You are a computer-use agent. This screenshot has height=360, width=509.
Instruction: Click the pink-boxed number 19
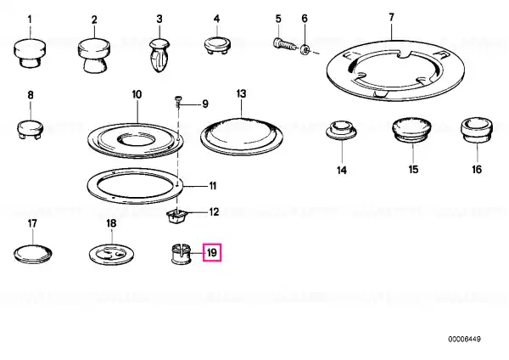pyautogui.click(x=211, y=252)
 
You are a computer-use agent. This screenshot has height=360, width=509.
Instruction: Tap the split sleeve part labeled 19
pyautogui.click(x=181, y=253)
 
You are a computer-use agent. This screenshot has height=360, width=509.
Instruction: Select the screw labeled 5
pyautogui.click(x=284, y=44)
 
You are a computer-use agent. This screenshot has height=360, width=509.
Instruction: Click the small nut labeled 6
pyautogui.click(x=305, y=50)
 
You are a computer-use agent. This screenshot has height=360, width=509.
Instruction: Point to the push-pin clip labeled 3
pyautogui.click(x=159, y=54)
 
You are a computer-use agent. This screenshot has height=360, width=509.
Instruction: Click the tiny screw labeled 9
pyautogui.click(x=178, y=100)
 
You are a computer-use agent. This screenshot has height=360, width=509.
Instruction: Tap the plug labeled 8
pyautogui.click(x=30, y=129)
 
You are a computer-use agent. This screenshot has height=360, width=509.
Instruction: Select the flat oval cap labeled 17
pyautogui.click(x=33, y=254)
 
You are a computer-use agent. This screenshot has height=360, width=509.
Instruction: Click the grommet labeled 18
pyautogui.click(x=112, y=255)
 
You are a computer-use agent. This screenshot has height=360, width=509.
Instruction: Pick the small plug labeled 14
pyautogui.click(x=341, y=130)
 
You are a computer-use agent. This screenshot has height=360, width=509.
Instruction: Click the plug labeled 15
pyautogui.click(x=411, y=130)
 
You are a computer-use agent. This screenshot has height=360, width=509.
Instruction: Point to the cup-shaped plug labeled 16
pyautogui.click(x=477, y=131)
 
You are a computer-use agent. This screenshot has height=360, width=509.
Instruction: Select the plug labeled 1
pyautogui.click(x=30, y=53)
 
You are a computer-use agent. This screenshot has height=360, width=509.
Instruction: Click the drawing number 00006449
pyautogui.click(x=464, y=340)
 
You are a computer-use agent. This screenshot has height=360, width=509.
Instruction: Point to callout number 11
pyautogui.click(x=213, y=186)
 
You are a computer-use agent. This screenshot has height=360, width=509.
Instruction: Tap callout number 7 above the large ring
pyautogui.click(x=391, y=17)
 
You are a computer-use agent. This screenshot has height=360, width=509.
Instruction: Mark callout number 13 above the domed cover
pyautogui.click(x=241, y=93)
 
